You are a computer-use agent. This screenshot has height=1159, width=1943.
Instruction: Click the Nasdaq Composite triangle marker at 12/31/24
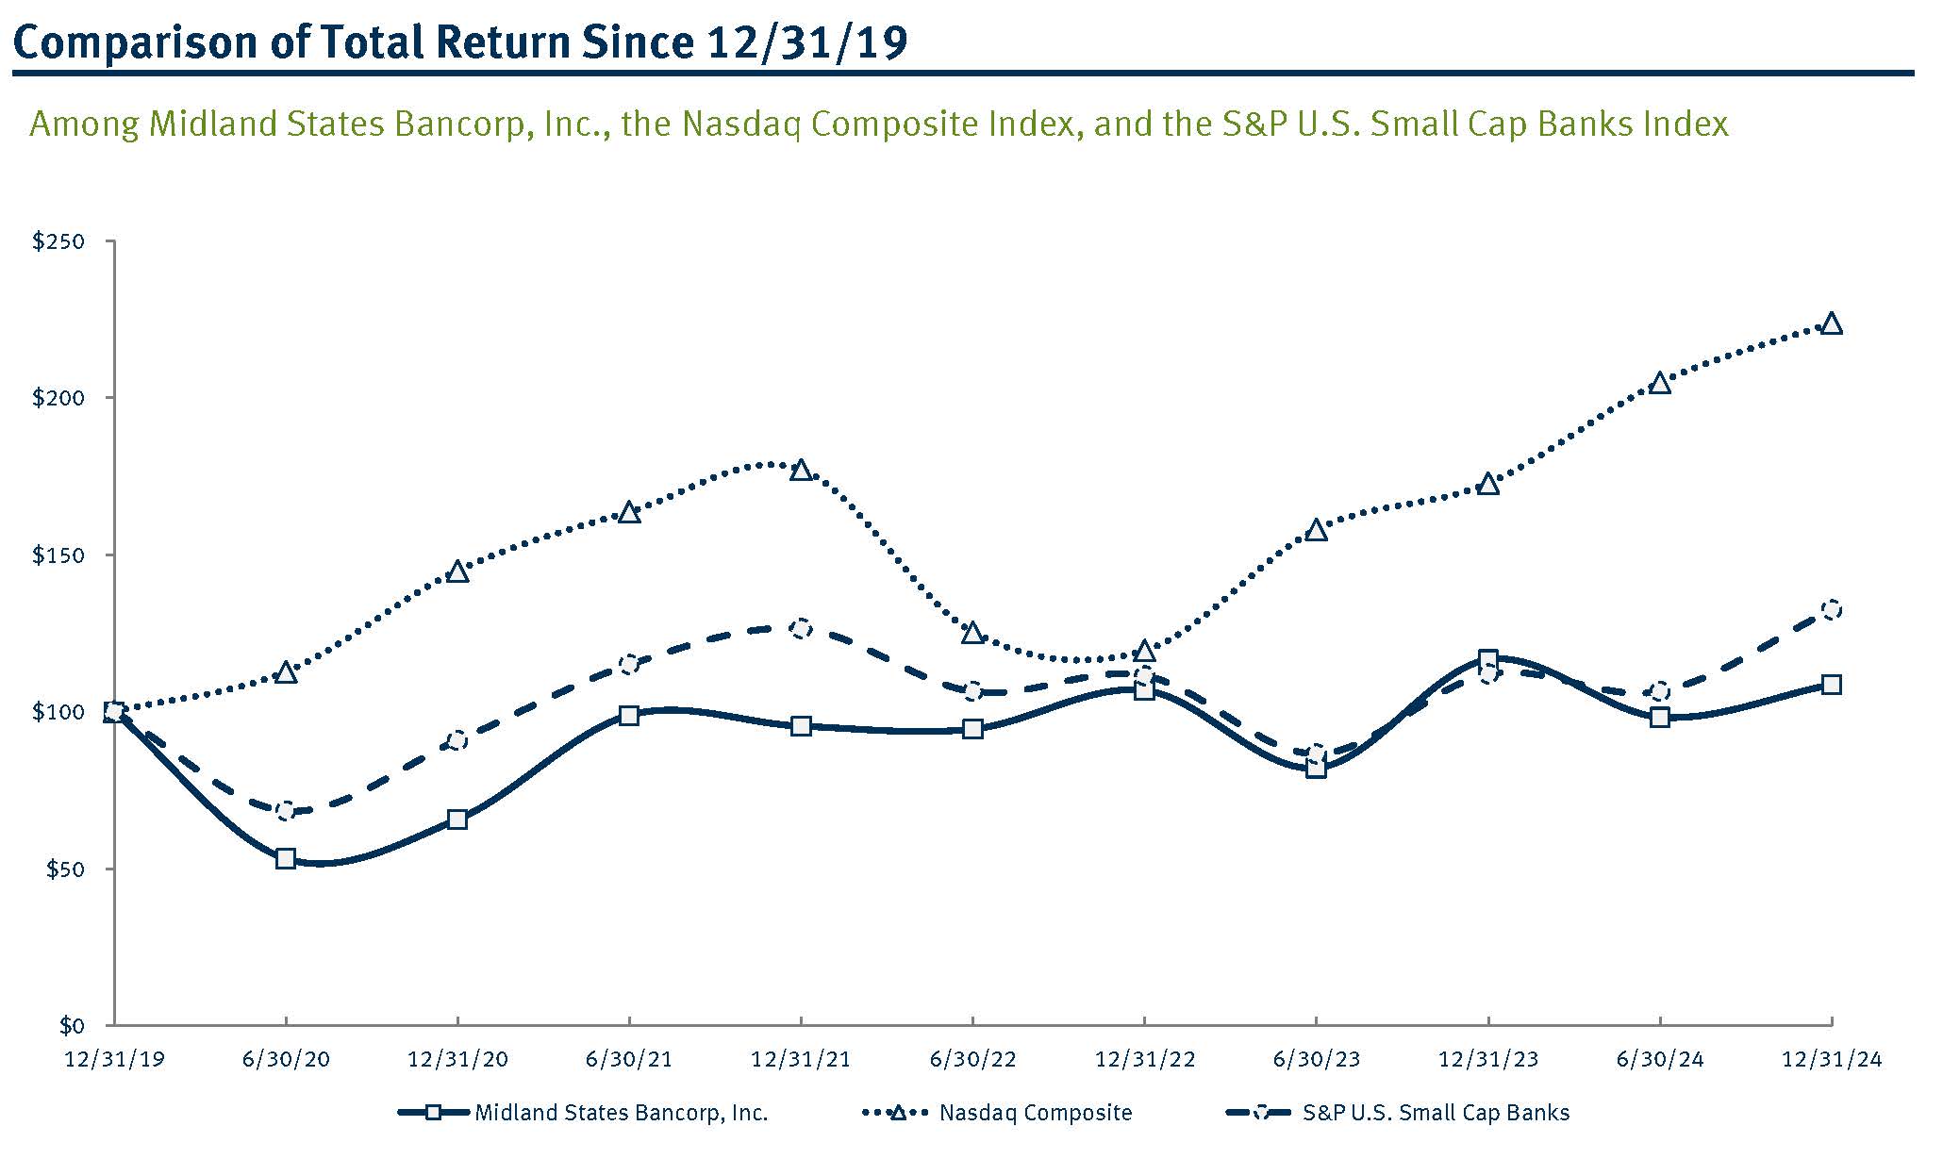(x=1831, y=324)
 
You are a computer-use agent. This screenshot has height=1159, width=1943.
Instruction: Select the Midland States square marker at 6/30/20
(x=286, y=858)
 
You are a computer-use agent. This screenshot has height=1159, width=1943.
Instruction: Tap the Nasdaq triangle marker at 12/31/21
(x=801, y=470)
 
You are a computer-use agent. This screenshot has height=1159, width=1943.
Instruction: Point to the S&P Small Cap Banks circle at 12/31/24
(x=1831, y=609)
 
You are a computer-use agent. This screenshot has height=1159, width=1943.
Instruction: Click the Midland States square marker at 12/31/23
(x=1487, y=659)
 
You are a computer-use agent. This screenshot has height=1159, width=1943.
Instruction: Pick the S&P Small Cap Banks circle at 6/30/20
(x=286, y=811)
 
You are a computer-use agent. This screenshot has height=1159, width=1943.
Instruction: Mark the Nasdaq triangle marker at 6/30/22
(x=972, y=633)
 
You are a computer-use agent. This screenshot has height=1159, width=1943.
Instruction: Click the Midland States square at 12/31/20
(x=457, y=819)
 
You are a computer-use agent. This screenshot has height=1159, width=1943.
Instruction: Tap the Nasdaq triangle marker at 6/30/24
(x=1659, y=383)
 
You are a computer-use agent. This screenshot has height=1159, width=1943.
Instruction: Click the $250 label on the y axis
(x=58, y=241)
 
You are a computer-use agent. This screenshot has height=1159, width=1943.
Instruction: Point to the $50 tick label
(x=64, y=869)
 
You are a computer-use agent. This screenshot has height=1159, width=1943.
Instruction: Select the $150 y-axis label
(x=58, y=555)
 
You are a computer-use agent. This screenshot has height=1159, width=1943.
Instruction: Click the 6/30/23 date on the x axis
(x=1316, y=1059)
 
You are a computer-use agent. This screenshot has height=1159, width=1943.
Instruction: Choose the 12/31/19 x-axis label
(x=114, y=1059)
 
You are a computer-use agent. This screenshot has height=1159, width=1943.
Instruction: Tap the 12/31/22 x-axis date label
(x=1144, y=1059)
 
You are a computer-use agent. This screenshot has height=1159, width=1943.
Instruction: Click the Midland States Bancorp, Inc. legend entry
(x=621, y=1113)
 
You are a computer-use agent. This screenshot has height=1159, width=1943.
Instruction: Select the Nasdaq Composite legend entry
(x=1035, y=1113)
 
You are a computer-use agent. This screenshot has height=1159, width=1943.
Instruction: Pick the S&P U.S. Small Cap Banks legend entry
(x=1436, y=1113)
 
